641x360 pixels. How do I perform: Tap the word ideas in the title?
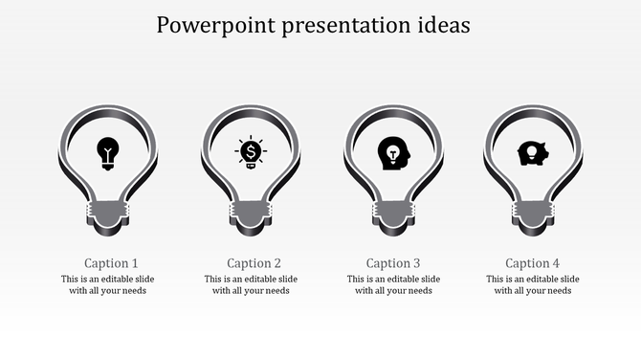pos(443,24)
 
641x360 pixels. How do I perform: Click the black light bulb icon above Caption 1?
pos(108,152)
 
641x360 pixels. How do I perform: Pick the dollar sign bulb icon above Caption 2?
pos(251,152)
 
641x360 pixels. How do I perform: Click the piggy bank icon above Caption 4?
pos(532,153)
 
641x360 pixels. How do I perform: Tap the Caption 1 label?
pos(111,263)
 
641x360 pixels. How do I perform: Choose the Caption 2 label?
pos(254,263)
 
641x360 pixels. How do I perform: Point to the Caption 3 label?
pos(393,263)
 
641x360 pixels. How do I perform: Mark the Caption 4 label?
pos(533,263)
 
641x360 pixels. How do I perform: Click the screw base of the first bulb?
pos(108,214)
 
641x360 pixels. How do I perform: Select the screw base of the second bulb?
pos(251,214)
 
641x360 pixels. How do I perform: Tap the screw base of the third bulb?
pos(393,214)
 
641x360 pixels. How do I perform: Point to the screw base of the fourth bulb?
pos(533,214)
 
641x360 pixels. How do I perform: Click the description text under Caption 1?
pos(108,285)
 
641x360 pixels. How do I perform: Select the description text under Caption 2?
pos(251,285)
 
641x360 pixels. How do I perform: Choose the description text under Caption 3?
pos(393,285)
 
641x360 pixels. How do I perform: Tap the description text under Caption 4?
pos(533,285)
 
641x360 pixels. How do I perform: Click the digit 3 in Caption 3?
pos(416,263)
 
